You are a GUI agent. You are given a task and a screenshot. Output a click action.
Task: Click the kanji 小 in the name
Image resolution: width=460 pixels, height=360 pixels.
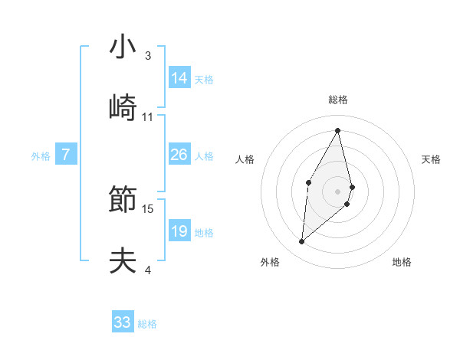[x=123, y=47]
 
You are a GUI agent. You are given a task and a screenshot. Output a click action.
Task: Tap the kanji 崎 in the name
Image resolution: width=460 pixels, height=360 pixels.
[x=123, y=108]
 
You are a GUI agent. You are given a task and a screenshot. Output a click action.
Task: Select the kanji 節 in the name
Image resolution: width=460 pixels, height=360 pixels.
[x=123, y=200]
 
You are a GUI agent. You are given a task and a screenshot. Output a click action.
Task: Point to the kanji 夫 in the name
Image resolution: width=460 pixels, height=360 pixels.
[x=123, y=261]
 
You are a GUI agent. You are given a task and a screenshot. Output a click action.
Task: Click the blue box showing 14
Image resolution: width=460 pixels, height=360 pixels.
[x=179, y=78]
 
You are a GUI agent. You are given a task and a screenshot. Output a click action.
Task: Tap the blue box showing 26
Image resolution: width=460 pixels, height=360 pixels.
[x=179, y=155]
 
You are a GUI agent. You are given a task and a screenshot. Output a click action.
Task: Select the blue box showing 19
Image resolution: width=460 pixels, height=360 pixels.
[x=179, y=231]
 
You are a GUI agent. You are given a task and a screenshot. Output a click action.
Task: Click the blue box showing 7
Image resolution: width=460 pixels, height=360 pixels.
[x=66, y=155]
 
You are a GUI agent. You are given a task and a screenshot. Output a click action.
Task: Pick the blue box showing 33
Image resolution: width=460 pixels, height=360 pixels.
[x=123, y=322]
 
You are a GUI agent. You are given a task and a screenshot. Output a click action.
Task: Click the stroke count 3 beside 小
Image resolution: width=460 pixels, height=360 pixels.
[x=148, y=55]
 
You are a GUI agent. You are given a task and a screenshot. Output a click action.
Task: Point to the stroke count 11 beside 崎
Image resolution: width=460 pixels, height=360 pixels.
[x=148, y=116]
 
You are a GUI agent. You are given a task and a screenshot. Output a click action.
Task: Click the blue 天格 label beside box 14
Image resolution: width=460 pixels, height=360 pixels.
[x=204, y=79]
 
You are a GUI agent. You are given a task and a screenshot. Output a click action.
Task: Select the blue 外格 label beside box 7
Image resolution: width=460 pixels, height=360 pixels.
[x=41, y=155]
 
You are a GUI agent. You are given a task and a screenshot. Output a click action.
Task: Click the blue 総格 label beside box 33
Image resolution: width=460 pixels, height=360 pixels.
[x=147, y=324]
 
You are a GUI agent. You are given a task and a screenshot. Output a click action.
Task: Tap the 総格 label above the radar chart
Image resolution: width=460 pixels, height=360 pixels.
[x=338, y=100]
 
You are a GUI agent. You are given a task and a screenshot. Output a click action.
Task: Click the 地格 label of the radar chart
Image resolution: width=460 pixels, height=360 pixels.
[x=402, y=262]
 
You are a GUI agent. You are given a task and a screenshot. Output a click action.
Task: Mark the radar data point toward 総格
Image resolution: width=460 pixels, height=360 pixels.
[x=337, y=130]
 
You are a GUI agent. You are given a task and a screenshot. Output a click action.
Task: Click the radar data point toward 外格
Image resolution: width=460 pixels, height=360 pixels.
[x=302, y=242]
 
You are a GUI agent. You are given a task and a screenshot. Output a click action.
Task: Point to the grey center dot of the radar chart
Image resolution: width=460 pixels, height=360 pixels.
[x=337, y=191]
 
